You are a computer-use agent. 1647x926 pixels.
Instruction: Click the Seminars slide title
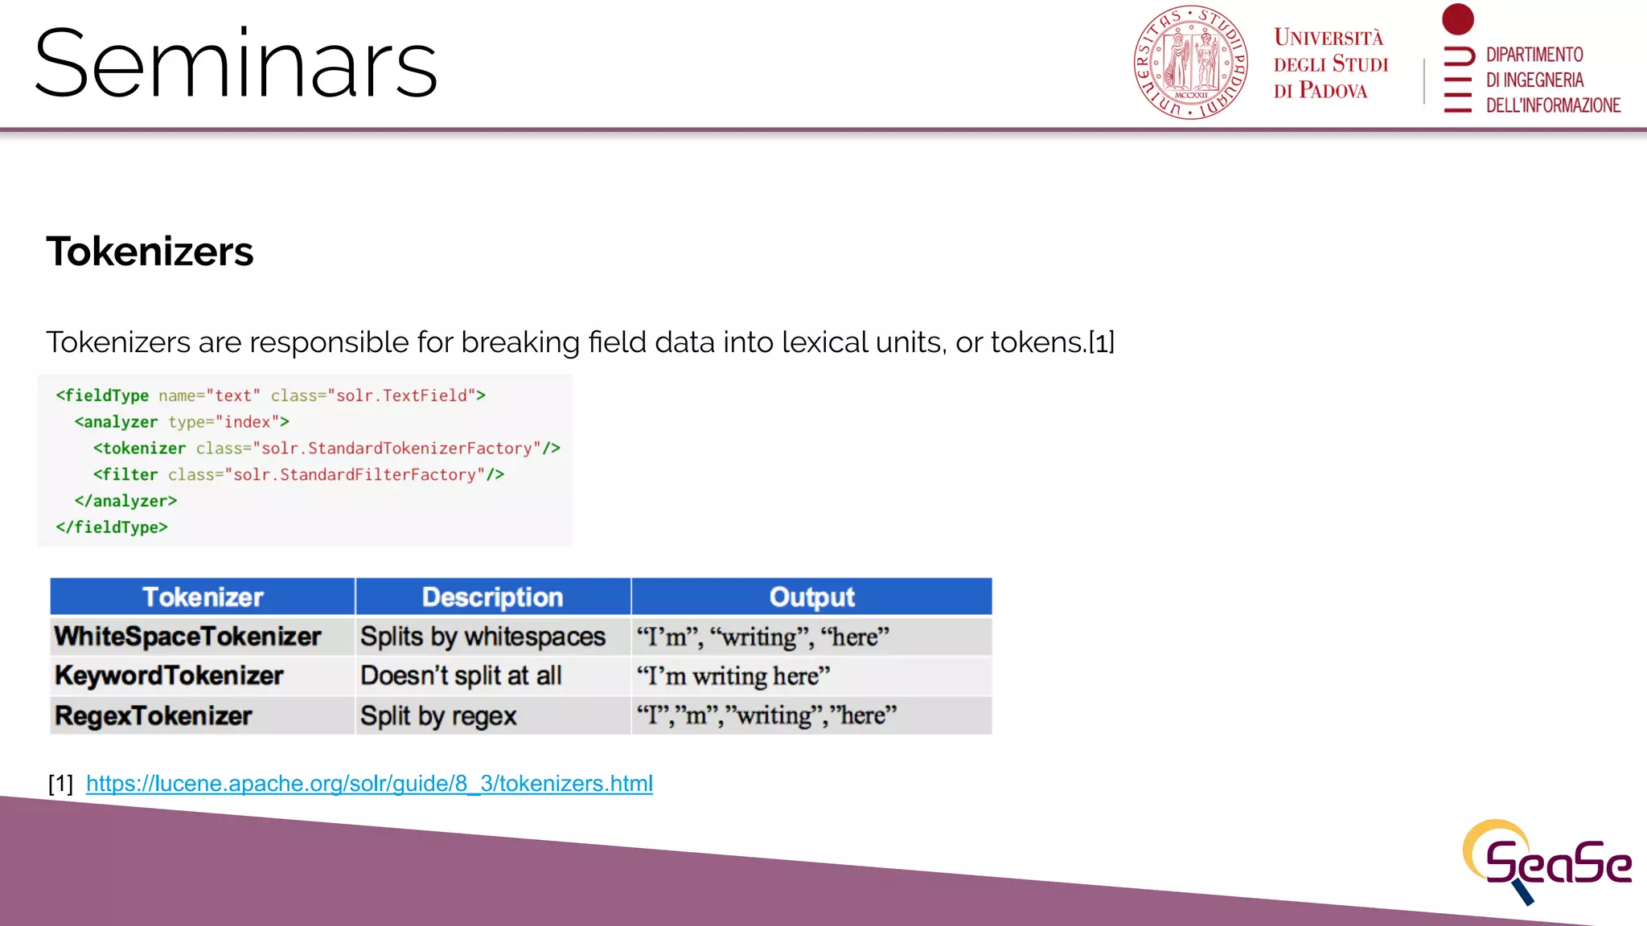[x=236, y=64]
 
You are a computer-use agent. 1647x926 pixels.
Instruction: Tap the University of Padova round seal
[x=1190, y=63]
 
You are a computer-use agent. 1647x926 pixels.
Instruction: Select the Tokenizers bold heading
[x=150, y=252]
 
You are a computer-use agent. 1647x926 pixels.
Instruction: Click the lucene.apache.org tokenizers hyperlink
[x=369, y=783]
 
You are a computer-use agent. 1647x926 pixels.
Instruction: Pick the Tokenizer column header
[x=203, y=597]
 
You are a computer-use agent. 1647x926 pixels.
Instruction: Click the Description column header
[x=492, y=597]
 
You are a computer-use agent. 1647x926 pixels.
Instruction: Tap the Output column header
[x=811, y=597]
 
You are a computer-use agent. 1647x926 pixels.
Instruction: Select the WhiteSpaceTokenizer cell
[x=188, y=637]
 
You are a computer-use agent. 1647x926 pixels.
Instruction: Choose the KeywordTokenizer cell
[x=169, y=676]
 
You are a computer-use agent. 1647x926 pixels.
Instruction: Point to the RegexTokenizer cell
[x=154, y=715]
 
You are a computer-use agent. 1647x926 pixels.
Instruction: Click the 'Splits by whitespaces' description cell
[x=483, y=637]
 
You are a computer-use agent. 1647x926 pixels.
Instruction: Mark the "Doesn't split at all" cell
[x=461, y=676]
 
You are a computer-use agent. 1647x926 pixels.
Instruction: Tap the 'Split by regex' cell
[x=438, y=715]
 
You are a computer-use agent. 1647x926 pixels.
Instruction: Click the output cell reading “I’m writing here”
[x=733, y=676]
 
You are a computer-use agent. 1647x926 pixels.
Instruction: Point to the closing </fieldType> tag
[x=112, y=527]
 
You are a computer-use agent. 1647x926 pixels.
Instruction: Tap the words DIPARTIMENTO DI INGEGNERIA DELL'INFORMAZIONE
[x=1552, y=80]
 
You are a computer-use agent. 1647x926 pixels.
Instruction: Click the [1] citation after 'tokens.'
[x=1102, y=343]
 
